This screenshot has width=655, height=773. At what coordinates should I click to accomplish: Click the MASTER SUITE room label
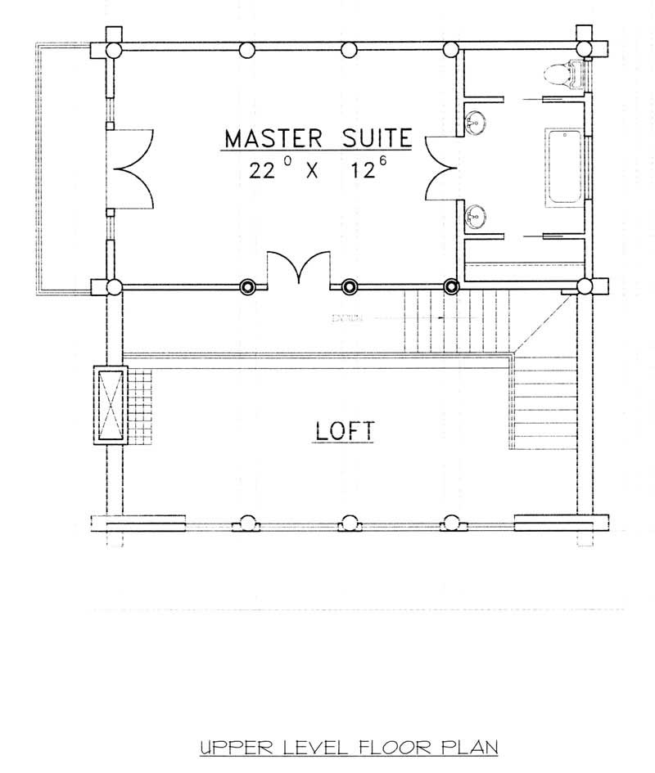point(317,137)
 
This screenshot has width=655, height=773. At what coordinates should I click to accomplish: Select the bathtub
point(564,166)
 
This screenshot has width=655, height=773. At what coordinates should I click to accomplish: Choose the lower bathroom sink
point(475,216)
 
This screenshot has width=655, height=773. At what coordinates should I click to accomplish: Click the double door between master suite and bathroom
point(442,168)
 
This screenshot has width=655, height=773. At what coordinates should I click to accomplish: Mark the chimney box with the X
point(109,404)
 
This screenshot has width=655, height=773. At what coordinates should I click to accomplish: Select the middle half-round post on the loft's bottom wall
point(350,523)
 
